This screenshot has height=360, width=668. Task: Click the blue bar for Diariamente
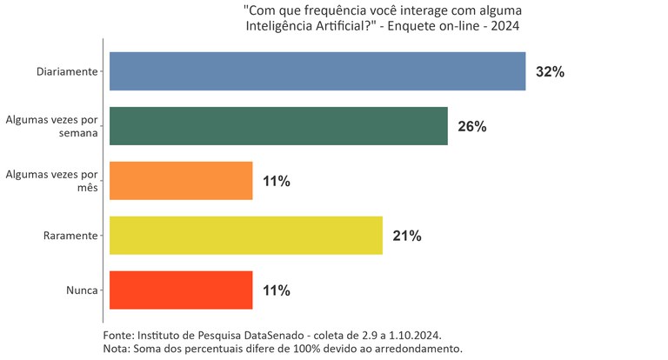pyautogui.click(x=317, y=71)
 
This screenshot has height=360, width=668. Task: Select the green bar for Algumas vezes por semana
pyautogui.click(x=278, y=126)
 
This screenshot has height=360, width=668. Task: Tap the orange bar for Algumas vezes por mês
pyautogui.click(x=181, y=181)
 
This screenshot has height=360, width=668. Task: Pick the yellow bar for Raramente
pyautogui.click(x=246, y=236)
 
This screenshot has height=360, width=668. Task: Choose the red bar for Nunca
pyautogui.click(x=181, y=290)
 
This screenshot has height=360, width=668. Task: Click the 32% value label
pyautogui.click(x=550, y=72)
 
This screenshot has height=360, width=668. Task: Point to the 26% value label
pyautogui.click(x=471, y=127)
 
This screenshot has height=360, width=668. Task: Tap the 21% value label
pyautogui.click(x=406, y=237)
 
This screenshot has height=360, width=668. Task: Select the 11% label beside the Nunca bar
pyautogui.click(x=276, y=291)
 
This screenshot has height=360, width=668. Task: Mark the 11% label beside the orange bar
pyautogui.click(x=276, y=182)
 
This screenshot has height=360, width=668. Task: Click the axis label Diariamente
pyautogui.click(x=67, y=71)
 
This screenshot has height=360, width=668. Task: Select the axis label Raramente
pyautogui.click(x=70, y=236)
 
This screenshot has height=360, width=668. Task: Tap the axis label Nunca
pyautogui.click(x=81, y=290)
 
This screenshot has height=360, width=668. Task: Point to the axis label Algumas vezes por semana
pyautogui.click(x=52, y=126)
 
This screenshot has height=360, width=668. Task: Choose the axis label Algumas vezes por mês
pyautogui.click(x=52, y=181)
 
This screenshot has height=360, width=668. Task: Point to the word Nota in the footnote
pyautogui.click(x=115, y=349)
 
